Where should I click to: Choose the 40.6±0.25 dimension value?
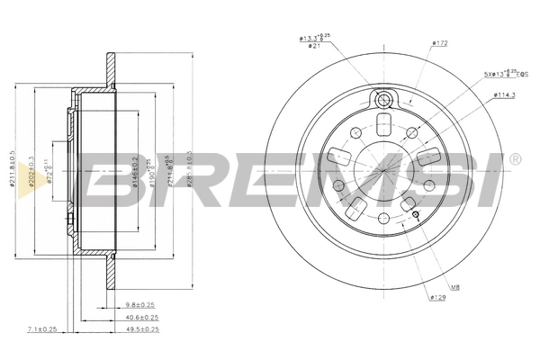coord(140,317)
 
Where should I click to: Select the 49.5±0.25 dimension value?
coord(140,329)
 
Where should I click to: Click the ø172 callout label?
coord(440,42)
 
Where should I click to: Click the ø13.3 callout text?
coord(311,37)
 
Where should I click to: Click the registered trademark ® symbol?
coord(514,159)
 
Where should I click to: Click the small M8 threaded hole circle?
coord(416,214)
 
